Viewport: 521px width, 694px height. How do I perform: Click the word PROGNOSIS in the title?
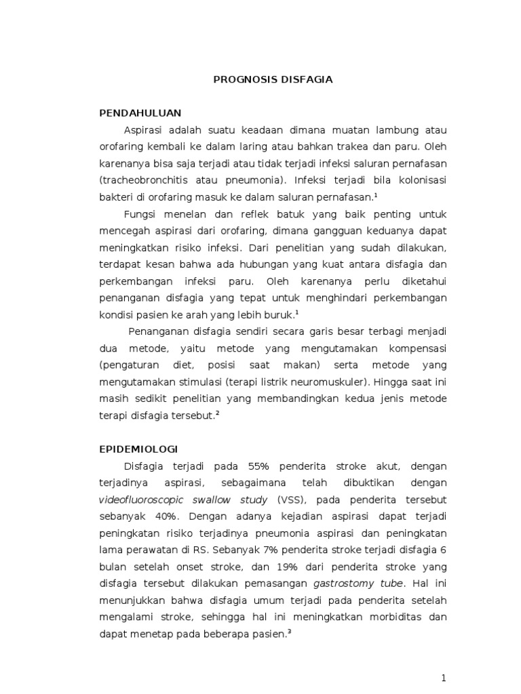[238, 80]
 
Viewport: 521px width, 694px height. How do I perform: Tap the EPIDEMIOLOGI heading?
[138, 449]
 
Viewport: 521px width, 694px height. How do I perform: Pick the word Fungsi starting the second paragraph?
[140, 214]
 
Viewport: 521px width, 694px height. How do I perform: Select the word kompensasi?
[417, 348]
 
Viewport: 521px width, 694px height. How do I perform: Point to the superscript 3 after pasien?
[289, 632]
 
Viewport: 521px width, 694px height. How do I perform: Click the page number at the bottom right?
[444, 678]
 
